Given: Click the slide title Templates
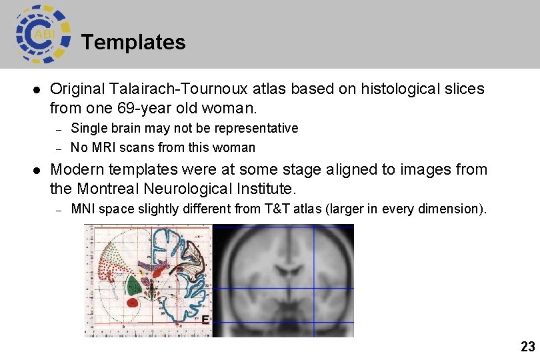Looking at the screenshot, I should pos(133,42).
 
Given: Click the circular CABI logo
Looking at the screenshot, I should pos(42,34).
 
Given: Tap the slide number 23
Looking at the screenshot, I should pos(527,346).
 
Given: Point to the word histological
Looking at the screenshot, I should pos(399,89).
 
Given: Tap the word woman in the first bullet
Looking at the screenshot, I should pos(234,107).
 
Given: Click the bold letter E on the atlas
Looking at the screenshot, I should pos(205,320).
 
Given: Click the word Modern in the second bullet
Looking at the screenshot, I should pos(73,170).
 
